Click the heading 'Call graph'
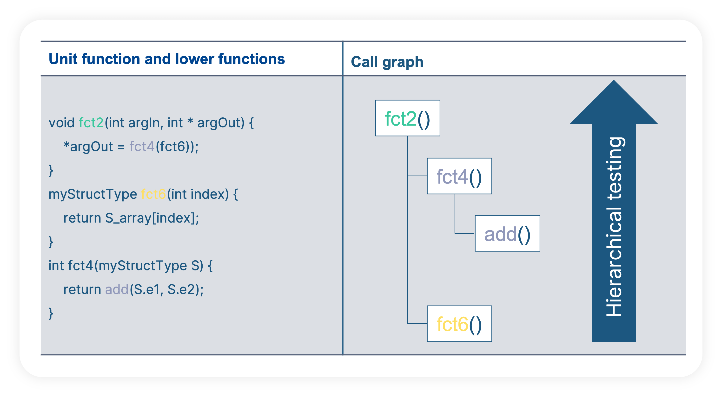387,62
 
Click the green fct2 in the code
91,123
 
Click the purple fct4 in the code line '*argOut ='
142,147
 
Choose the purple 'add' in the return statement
117,289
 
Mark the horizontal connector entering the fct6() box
417,324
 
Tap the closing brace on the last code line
51,313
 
